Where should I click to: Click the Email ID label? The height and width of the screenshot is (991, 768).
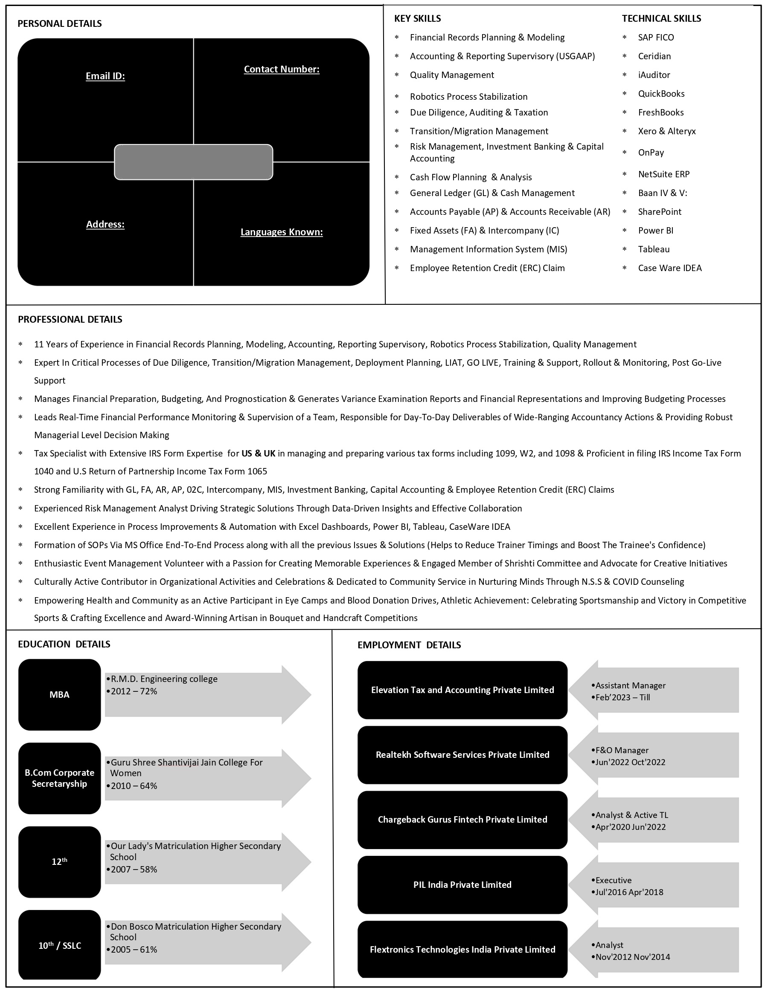coord(105,76)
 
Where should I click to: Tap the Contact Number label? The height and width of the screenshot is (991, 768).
coord(282,69)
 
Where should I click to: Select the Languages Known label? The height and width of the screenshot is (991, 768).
coord(282,232)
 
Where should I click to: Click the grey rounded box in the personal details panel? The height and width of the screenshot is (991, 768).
coord(193,162)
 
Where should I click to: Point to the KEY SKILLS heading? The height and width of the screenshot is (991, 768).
coord(417,19)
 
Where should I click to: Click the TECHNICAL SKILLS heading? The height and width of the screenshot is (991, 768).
coord(661,19)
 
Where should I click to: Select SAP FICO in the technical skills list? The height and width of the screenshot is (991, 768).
coord(655,38)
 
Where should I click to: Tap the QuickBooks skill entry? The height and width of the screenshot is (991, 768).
coord(661,94)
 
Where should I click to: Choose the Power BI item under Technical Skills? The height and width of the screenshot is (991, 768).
coord(655,231)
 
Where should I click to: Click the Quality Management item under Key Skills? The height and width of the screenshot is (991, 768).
coord(451,75)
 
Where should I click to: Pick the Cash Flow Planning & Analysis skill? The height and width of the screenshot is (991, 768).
coord(471,177)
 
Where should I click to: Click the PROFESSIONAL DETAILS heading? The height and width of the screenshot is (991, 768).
coord(70,319)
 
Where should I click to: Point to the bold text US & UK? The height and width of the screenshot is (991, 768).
coord(258,453)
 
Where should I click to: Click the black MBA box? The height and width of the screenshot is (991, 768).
coord(59,695)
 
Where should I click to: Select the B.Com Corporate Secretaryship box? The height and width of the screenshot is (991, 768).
coord(59,778)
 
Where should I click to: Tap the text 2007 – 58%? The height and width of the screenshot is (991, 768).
coord(134,870)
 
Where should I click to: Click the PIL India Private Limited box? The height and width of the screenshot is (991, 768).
coord(463,884)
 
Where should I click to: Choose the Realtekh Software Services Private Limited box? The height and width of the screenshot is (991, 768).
coord(463,754)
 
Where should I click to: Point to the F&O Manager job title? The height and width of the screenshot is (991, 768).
coord(622,751)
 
